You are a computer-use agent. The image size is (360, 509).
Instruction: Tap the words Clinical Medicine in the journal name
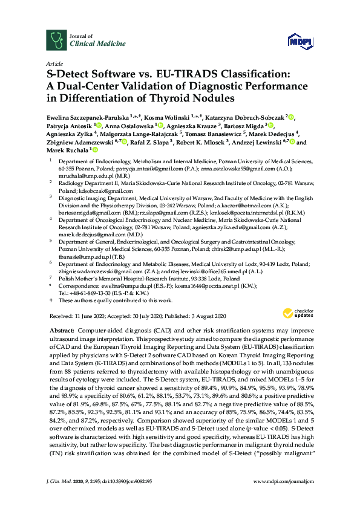pos(90,44)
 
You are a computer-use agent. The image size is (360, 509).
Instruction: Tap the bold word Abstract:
pos(60,331)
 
